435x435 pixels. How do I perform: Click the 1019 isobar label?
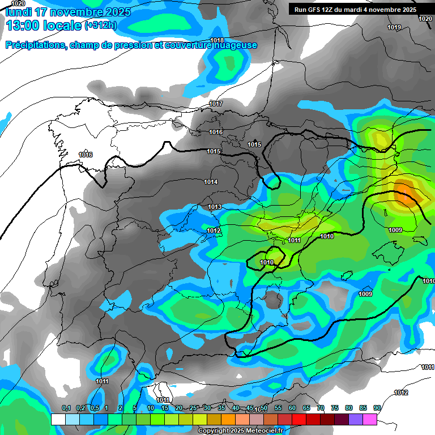394,28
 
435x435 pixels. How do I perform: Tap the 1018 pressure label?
217,40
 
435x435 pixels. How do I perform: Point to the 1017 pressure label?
216,104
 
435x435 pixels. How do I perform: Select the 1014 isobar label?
211,182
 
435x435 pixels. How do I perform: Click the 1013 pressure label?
215,207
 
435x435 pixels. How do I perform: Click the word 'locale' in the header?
62,25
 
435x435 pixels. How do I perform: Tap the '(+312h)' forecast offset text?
101,25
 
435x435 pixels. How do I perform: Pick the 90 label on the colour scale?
377,408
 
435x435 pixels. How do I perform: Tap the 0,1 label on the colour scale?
66,408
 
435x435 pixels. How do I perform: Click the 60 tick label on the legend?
292,408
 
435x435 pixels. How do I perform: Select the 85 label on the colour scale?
363,408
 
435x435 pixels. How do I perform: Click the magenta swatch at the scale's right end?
370,419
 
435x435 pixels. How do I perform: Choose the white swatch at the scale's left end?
58,419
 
